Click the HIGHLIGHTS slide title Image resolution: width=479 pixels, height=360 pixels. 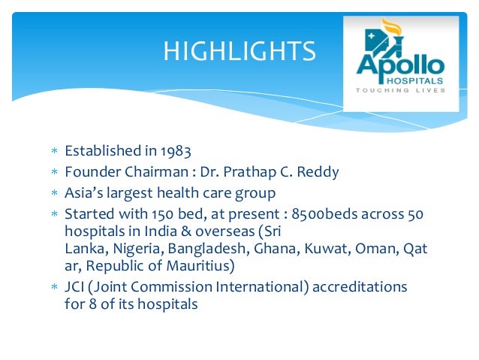[239, 52]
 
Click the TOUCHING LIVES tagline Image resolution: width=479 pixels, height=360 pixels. [401, 90]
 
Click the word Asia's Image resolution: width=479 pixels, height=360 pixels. [83, 193]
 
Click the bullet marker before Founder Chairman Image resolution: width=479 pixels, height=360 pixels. [53, 173]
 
